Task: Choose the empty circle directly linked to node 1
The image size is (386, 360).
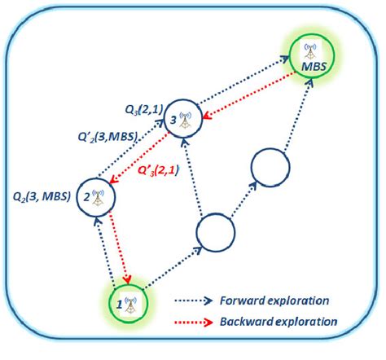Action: (214, 233)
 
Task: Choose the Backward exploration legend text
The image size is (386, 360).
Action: (276, 320)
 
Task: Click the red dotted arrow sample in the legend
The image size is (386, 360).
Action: (196, 320)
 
